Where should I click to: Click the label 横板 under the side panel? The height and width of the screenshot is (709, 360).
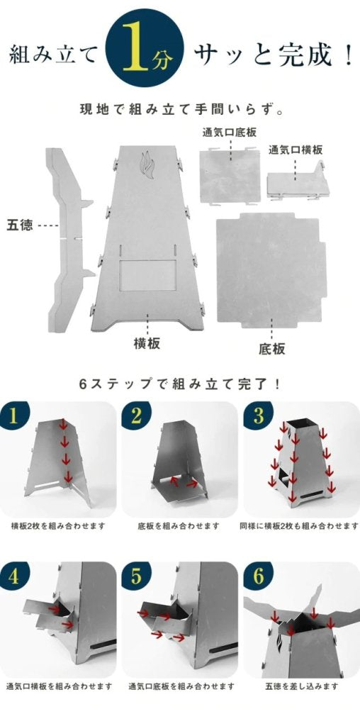pyautogui.click(x=147, y=344)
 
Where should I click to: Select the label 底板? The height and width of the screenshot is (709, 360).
pyautogui.click(x=272, y=349)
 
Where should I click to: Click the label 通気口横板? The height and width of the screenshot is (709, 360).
pyautogui.click(x=296, y=150)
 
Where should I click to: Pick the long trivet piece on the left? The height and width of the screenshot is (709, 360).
pyautogui.click(x=70, y=238)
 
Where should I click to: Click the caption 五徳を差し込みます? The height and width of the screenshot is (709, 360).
pyautogui.click(x=300, y=687)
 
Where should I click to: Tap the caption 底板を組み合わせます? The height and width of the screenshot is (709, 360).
pyautogui.click(x=179, y=527)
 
